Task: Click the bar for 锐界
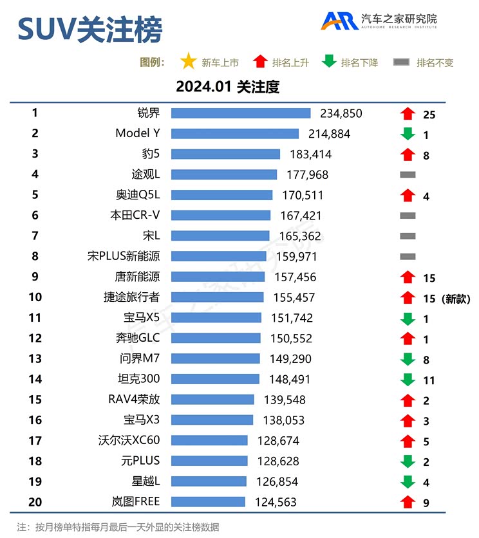point(241,114)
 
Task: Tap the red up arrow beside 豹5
point(406,154)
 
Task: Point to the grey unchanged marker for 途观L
point(408,174)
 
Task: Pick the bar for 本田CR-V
point(221,216)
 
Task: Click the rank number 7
point(35,236)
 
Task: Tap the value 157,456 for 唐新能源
point(292,277)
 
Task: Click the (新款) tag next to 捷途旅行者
point(457,298)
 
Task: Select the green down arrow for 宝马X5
point(406,319)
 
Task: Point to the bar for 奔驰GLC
point(216,338)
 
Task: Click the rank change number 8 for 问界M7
point(426,360)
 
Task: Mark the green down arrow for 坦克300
point(406,380)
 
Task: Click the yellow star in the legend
point(188,62)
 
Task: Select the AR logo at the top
point(341,21)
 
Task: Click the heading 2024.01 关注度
point(228,86)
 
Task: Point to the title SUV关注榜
point(89,30)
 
